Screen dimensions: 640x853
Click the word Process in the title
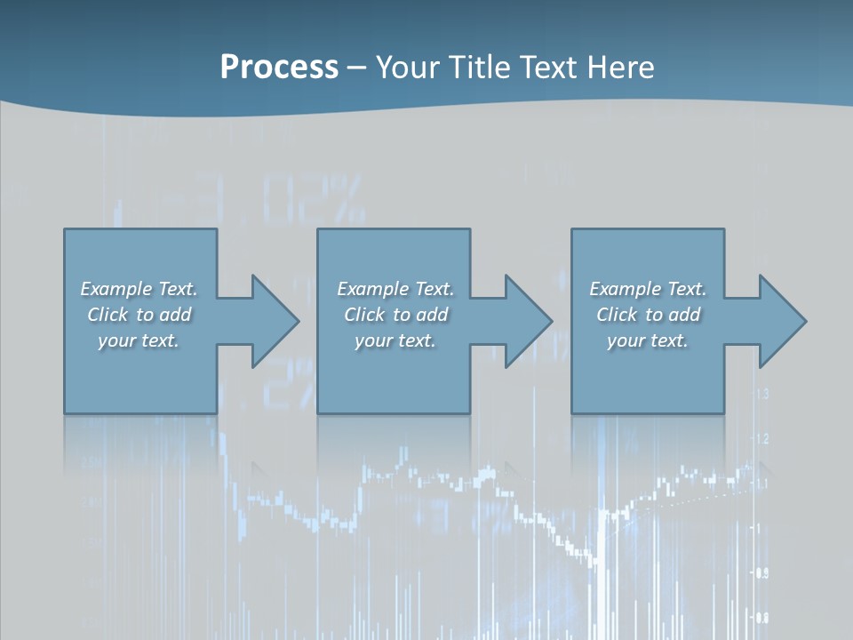pos(279,68)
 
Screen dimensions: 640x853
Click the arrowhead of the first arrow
pos(275,321)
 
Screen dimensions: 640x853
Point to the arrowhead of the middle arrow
pos(529,321)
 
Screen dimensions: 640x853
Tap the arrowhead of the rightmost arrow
pos(783,321)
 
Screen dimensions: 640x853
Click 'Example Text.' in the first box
pos(139,289)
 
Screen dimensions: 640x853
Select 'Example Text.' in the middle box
pos(395,289)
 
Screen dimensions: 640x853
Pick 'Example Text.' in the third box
pos(648,289)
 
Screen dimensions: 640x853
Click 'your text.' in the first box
pos(139,340)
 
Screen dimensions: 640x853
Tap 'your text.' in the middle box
pos(395,340)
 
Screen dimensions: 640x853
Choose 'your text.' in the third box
pos(648,340)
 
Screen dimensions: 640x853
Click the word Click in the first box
pos(108,315)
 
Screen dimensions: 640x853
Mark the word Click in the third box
pos(617,315)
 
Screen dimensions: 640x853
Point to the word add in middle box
pos(431,315)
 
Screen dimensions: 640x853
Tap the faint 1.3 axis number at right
pos(761,394)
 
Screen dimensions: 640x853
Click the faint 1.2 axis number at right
pos(761,439)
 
